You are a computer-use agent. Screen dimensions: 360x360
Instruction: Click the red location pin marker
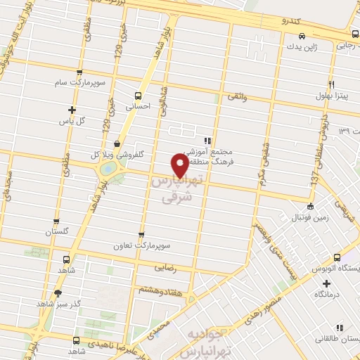click(180, 165)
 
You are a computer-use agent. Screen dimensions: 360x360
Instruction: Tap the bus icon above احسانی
click(139, 96)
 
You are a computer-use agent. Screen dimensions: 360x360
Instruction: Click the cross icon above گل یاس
click(72, 109)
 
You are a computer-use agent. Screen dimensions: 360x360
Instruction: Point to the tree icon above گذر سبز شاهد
click(58, 292)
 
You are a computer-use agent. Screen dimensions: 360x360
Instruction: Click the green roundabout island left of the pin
click(108, 169)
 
